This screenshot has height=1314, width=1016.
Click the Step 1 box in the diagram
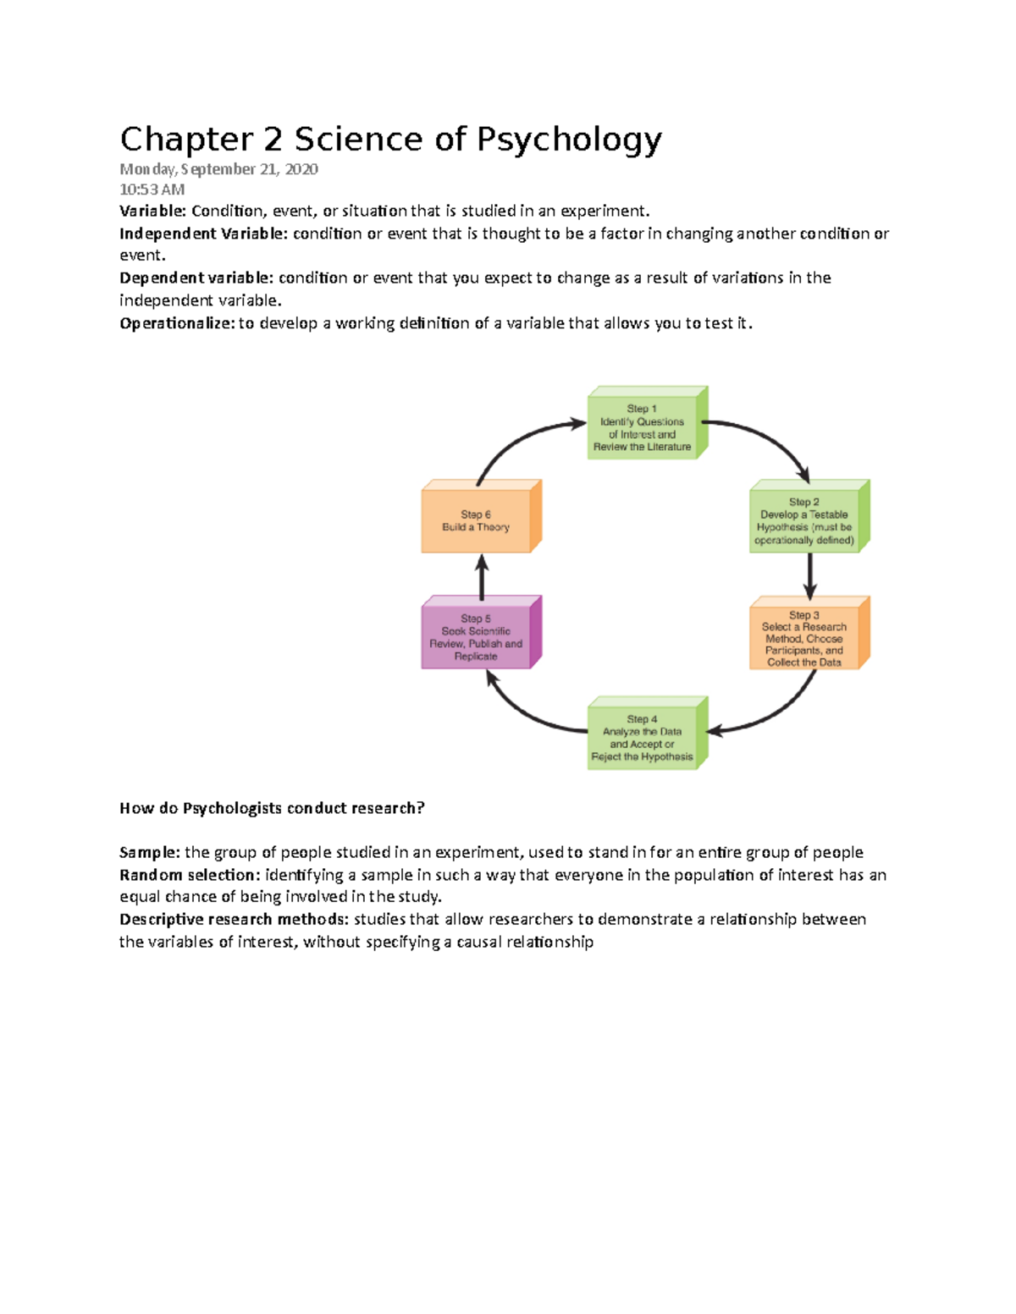[643, 427]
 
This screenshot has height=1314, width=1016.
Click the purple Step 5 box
[477, 637]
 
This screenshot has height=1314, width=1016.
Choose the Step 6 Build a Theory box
[477, 520]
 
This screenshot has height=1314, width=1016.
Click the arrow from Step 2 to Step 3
[810, 575]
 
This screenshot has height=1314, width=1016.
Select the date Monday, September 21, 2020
[218, 169]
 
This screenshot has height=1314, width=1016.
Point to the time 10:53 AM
[152, 190]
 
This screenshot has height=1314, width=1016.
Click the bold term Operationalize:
[177, 323]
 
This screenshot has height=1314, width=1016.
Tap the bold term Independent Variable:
[203, 234]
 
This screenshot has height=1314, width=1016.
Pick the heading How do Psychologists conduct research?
[272, 808]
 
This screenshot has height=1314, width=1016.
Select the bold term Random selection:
[190, 875]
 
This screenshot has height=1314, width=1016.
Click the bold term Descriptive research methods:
[234, 920]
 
